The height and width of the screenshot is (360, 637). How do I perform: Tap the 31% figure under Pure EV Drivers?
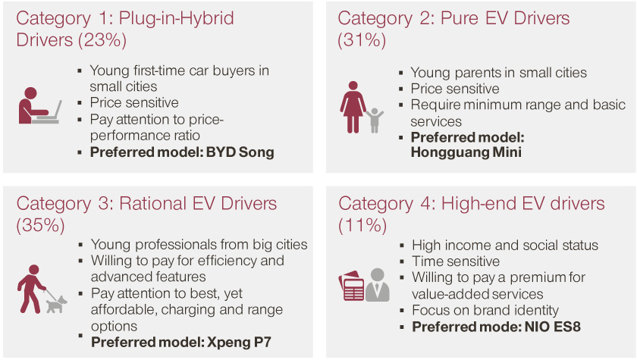click(x=362, y=40)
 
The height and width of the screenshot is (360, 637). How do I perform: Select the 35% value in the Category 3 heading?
click(x=40, y=225)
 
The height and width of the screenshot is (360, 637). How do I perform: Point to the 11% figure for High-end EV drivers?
click(x=362, y=225)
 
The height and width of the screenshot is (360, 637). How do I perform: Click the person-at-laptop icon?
click(x=39, y=105)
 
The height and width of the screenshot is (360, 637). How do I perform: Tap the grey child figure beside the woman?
click(x=375, y=121)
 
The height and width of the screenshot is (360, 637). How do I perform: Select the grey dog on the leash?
click(x=56, y=304)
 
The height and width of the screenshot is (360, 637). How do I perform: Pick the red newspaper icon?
click(x=351, y=286)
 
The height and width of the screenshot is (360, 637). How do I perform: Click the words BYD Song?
click(x=240, y=152)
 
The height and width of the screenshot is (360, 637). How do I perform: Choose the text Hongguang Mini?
click(x=466, y=152)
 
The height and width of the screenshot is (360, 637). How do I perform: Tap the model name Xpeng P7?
click(x=239, y=342)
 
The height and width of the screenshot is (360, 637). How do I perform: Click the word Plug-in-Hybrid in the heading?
click(x=176, y=18)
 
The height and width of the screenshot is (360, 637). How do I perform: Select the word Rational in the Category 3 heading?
click(x=152, y=203)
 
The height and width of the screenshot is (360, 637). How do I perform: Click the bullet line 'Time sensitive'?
click(x=456, y=261)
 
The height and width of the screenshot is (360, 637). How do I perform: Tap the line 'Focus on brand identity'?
click(x=485, y=311)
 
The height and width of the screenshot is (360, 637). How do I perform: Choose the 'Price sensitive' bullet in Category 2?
click(x=455, y=89)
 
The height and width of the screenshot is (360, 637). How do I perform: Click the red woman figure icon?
click(x=353, y=107)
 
